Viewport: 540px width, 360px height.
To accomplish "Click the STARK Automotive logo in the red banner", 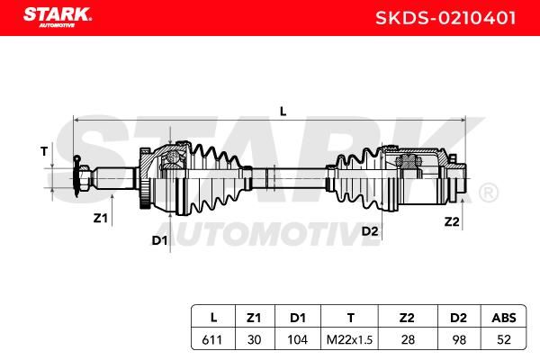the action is (x=58, y=17).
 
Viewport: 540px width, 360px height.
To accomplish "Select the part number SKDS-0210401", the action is (x=445, y=18).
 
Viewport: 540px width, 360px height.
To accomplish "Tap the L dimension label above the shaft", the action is (x=283, y=112).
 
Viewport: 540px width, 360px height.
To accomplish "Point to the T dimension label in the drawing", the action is (x=44, y=151).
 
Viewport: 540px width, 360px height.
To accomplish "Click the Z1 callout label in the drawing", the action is (x=101, y=218).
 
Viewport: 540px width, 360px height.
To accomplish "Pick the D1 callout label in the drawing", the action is (x=159, y=240).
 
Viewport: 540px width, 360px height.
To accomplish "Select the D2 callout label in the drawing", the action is (x=370, y=231).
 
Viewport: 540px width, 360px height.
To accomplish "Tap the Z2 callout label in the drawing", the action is (x=452, y=221).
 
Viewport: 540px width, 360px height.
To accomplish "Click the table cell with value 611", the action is (x=212, y=339).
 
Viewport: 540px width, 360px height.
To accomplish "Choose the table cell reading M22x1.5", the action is (x=349, y=339).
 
